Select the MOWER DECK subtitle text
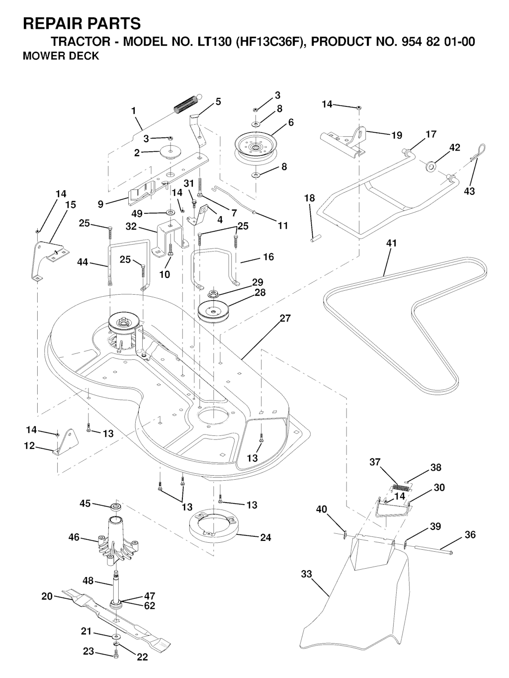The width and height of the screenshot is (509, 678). (x=61, y=56)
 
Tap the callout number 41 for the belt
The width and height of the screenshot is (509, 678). (x=392, y=244)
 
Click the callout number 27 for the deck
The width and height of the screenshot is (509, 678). (x=285, y=318)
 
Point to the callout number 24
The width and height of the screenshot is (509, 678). (x=266, y=537)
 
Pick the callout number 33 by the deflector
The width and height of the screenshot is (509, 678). (x=306, y=574)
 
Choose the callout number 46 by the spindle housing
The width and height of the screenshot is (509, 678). (x=74, y=537)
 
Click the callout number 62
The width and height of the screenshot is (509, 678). (x=149, y=606)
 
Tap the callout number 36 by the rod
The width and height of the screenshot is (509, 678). (x=470, y=535)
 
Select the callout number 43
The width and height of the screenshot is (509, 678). (x=469, y=191)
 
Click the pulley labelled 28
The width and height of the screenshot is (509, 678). (x=213, y=312)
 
